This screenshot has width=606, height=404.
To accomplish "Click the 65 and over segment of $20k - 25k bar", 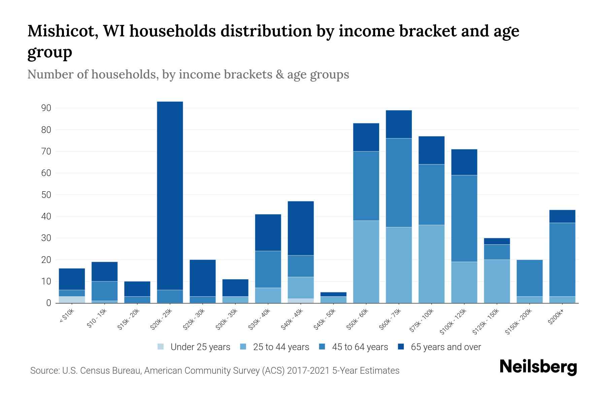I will tap(170, 195).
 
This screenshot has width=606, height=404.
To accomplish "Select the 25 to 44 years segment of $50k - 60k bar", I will tap(366, 262).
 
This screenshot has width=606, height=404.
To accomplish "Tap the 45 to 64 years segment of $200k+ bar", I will tap(562, 259).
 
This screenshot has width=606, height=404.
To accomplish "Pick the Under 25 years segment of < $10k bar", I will tap(72, 300).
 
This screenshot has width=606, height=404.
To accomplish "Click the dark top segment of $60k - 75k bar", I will tap(399, 124).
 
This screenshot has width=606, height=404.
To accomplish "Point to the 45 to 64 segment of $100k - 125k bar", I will tap(464, 218).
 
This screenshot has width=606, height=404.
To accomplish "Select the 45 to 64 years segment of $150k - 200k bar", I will tap(530, 278).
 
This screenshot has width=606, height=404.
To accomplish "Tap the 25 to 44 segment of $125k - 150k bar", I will tap(497, 281).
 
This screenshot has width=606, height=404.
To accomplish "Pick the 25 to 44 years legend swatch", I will tap(243, 347).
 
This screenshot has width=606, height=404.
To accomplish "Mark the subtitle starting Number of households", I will tap(188, 74).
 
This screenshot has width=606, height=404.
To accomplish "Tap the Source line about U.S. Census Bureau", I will tap(214, 371).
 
